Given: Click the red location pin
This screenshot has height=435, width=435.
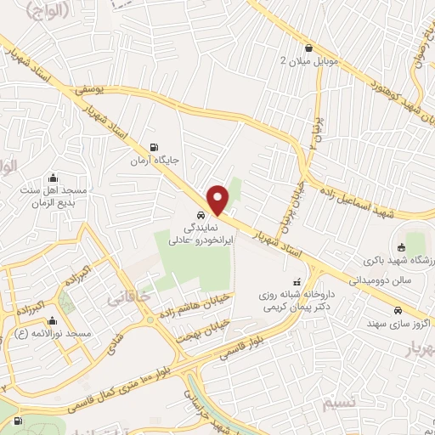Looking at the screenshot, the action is [218, 199].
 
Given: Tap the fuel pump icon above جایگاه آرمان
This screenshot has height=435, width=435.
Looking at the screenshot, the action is [153, 145].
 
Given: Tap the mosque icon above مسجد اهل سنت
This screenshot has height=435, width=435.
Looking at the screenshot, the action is [54, 178].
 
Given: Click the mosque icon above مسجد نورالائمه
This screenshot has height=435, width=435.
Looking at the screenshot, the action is [54, 321].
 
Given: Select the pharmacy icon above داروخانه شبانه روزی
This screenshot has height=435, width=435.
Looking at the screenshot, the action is [296, 281].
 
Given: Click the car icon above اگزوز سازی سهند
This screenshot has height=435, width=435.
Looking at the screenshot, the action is [396, 312].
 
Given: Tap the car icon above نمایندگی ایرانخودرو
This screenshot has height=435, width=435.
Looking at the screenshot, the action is [199, 216].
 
